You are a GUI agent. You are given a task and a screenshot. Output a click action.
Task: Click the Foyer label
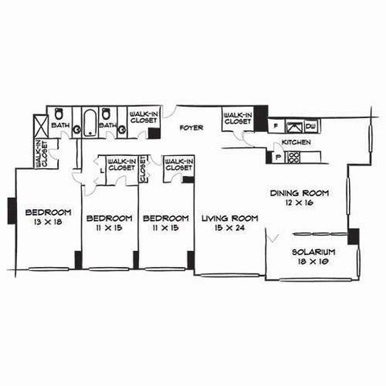tap(191, 128)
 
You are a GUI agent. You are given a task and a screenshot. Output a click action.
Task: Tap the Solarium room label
tap(314, 253)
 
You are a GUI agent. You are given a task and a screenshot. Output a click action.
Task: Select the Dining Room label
tap(299, 193)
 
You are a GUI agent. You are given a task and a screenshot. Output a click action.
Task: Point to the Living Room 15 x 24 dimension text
tap(230, 228)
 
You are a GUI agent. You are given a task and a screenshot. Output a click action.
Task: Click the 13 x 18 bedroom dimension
tap(48, 222)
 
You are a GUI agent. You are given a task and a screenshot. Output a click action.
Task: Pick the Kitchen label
tap(296, 142)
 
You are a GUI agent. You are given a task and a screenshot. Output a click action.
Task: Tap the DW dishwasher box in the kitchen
tap(311, 126)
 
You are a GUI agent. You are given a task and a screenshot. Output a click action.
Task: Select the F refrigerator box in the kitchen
tap(276, 126)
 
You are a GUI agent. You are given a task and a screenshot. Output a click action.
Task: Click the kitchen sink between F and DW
tap(294, 126)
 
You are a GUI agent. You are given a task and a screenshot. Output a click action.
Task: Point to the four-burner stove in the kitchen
tap(293, 158)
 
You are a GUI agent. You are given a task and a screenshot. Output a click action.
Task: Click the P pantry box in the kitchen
tap(278, 157)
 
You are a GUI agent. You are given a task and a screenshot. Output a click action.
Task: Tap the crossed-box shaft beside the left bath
tap(40, 126)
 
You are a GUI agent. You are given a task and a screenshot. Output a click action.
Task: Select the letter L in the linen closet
tap(101, 170)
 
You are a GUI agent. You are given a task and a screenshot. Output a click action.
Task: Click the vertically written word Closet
tap(143, 169)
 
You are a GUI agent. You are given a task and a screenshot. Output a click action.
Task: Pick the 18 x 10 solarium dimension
tap(313, 261)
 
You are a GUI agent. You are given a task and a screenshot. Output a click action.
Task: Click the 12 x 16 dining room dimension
tap(299, 203)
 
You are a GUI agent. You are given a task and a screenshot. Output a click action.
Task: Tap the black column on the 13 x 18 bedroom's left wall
tap(12, 211)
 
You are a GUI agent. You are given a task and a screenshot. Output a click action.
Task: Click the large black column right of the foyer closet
tap(261, 118)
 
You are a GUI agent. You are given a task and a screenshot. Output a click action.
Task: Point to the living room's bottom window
tap(230, 275)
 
